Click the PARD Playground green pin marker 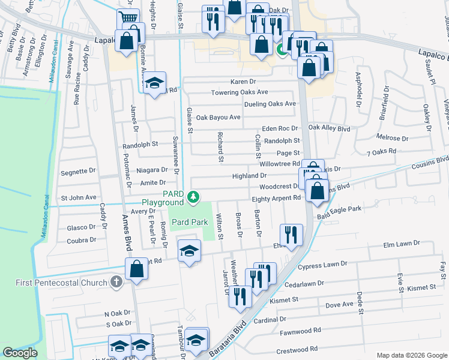click(x=193, y=196)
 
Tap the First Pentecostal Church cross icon click(x=116, y=282)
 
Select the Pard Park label click(x=190, y=222)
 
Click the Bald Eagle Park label click(x=339, y=209)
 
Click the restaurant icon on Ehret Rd click(x=291, y=235)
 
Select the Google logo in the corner click(x=20, y=353)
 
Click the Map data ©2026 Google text click(x=411, y=355)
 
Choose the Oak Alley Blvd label click(x=329, y=128)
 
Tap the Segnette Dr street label click(x=78, y=172)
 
